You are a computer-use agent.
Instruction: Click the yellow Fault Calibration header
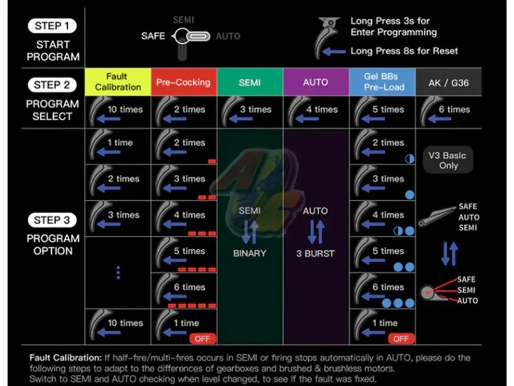click(118, 82)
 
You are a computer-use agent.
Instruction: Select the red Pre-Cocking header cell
click(184, 82)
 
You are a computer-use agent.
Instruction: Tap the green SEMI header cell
click(250, 82)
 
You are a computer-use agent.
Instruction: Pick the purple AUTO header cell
click(316, 82)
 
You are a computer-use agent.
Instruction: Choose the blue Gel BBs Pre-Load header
click(382, 82)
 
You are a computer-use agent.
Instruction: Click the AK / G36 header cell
click(448, 82)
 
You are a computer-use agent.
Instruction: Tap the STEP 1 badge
click(53, 26)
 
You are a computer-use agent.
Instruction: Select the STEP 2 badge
click(53, 85)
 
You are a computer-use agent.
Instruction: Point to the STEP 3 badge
click(53, 220)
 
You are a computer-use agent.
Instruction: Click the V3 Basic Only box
click(448, 160)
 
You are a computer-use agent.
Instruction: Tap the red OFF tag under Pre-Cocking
click(202, 338)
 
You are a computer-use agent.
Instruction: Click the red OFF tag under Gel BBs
click(401, 338)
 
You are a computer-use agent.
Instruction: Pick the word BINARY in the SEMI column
click(249, 253)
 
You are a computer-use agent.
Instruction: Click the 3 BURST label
click(315, 253)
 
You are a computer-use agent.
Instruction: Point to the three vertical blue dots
click(118, 272)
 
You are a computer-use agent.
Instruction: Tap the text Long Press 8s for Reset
click(404, 51)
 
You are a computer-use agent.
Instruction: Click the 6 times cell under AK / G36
click(448, 112)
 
